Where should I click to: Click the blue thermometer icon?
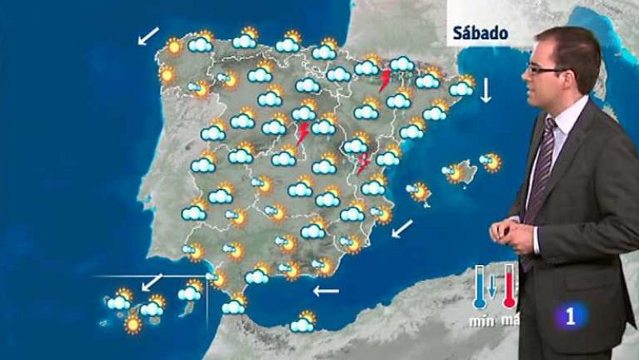[480, 288]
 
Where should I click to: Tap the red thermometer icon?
[508, 288]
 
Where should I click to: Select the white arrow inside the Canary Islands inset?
[152, 282]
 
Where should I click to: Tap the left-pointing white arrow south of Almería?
[325, 291]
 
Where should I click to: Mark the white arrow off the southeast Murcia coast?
[403, 229]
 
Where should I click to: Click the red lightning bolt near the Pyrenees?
[386, 80]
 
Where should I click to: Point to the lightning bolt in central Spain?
[303, 133]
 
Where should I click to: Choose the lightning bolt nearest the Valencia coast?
[363, 163]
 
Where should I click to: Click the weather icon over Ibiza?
[418, 192]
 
